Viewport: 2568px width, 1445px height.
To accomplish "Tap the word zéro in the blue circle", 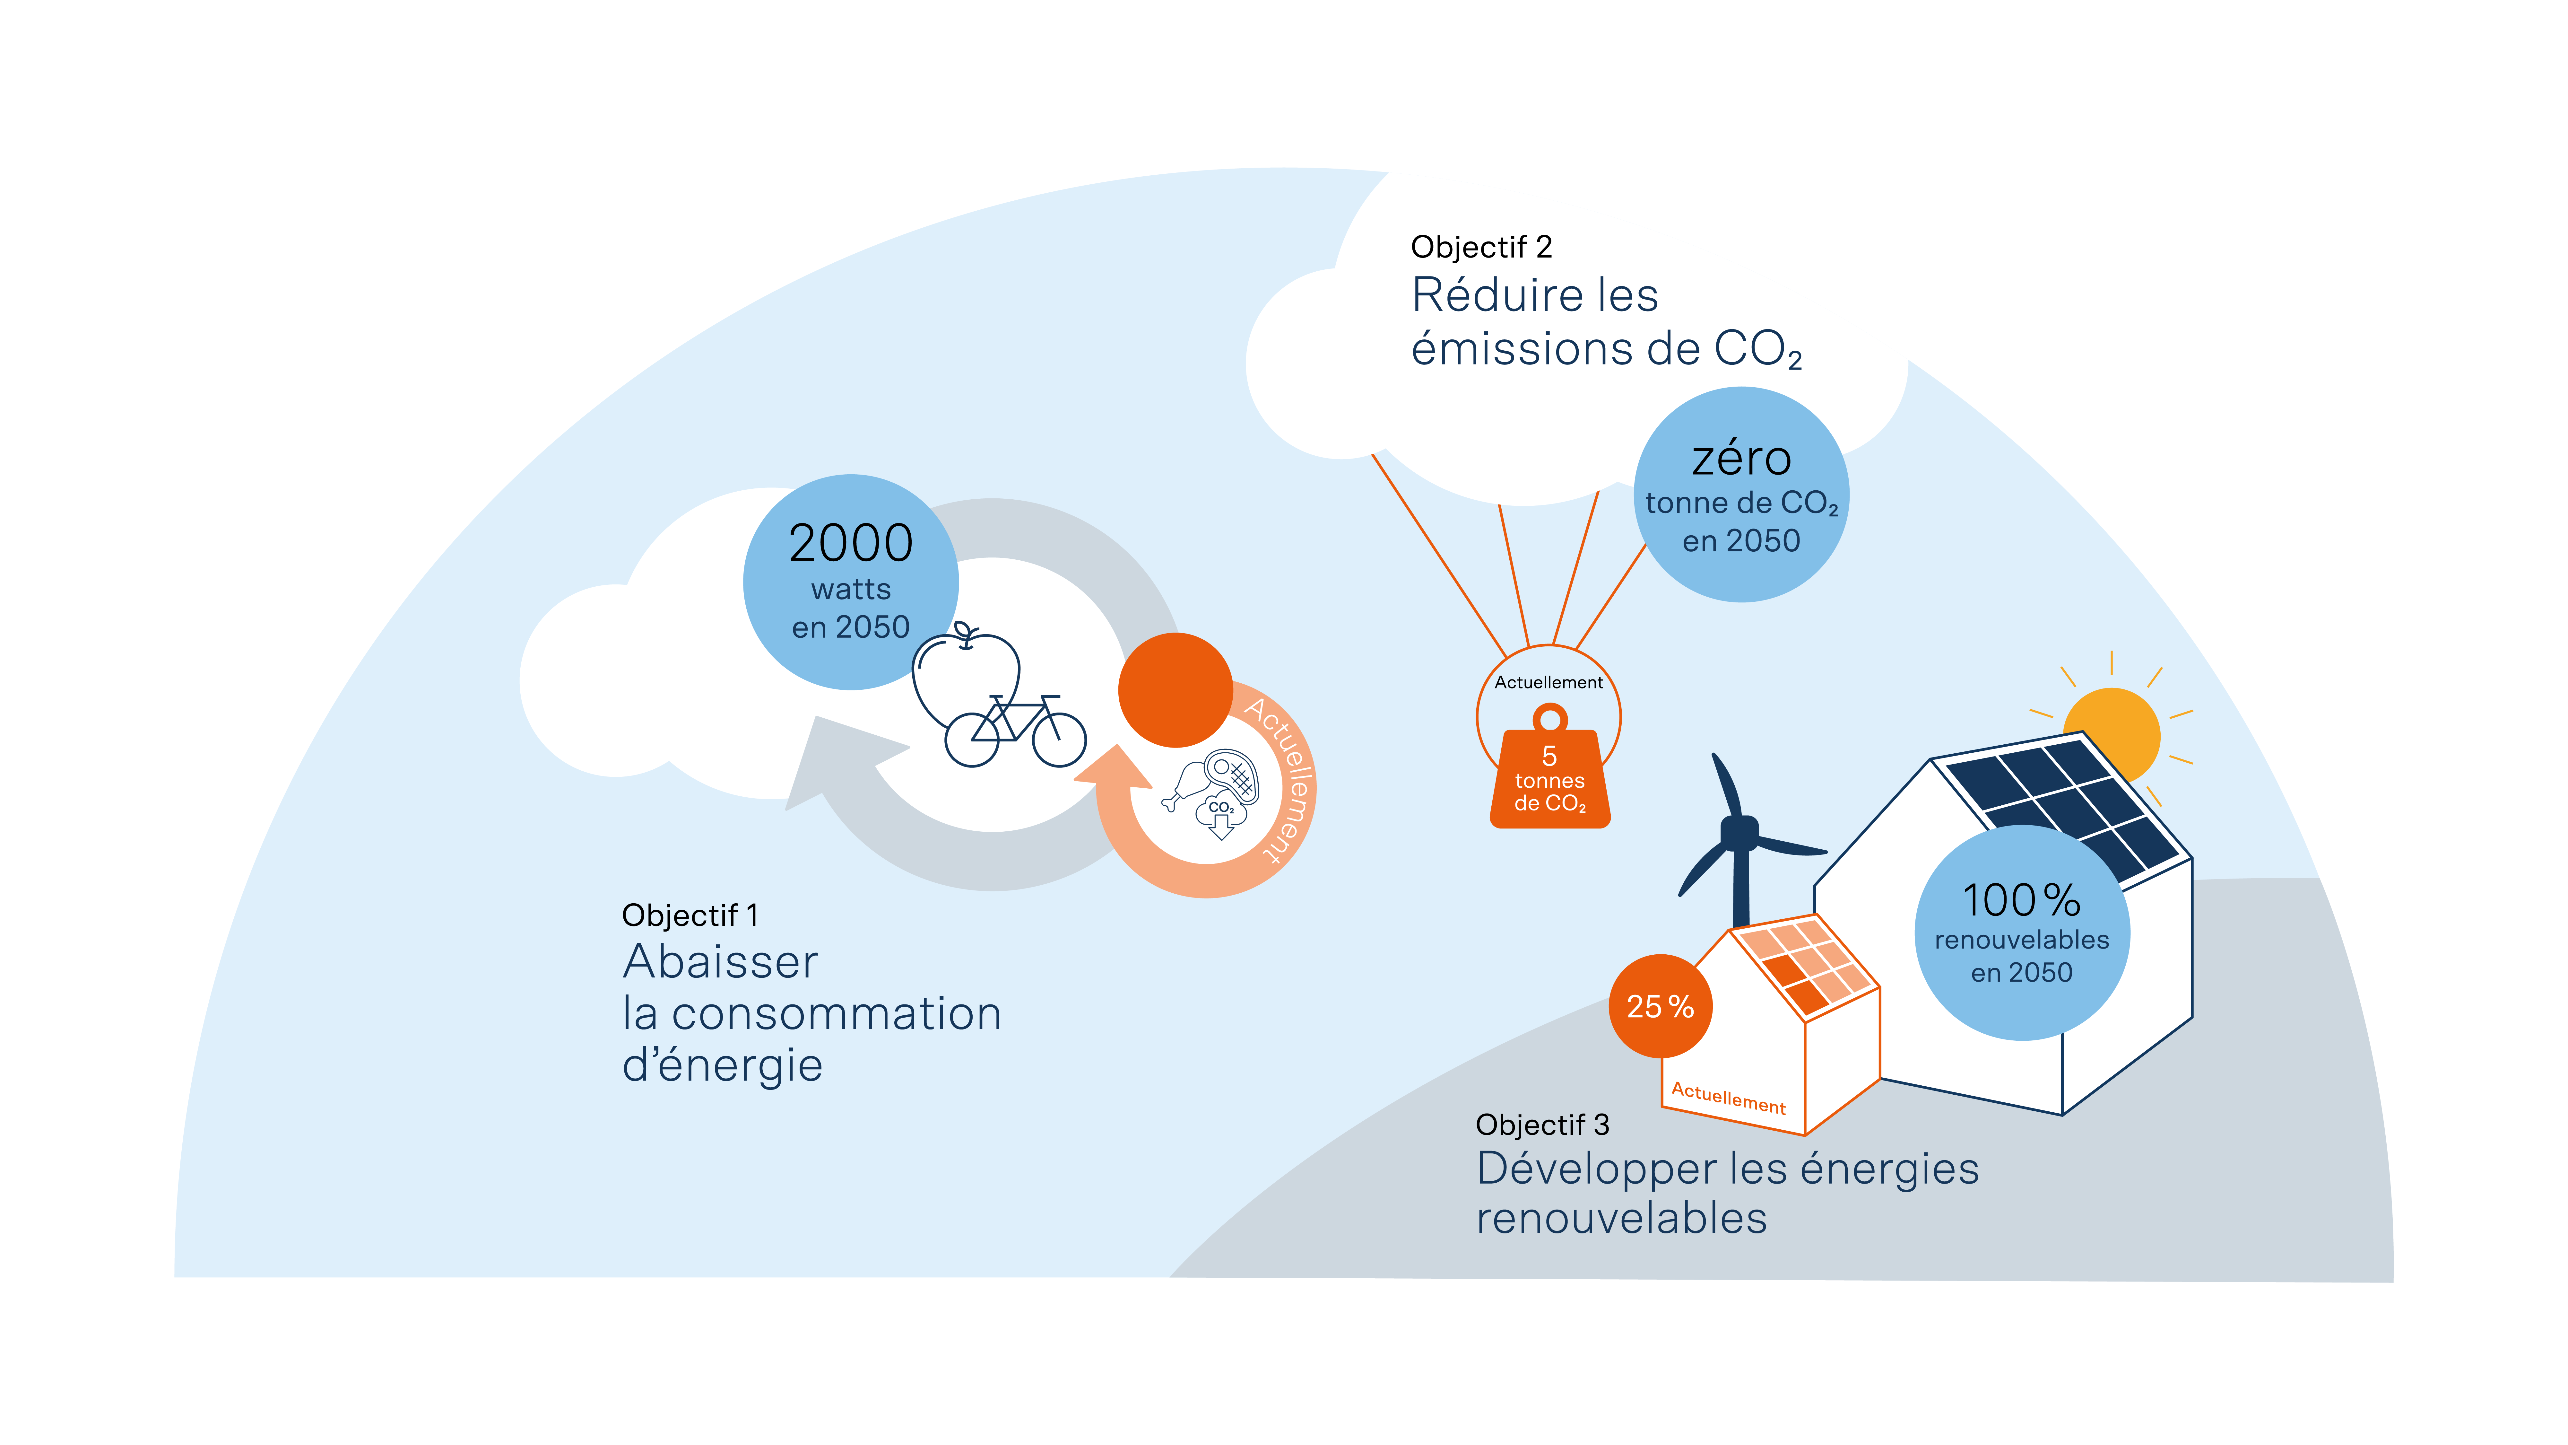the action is point(1741,459).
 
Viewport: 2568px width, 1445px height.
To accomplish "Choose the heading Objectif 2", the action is point(1481,246).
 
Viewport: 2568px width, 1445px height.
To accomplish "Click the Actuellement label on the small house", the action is point(1729,1098).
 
